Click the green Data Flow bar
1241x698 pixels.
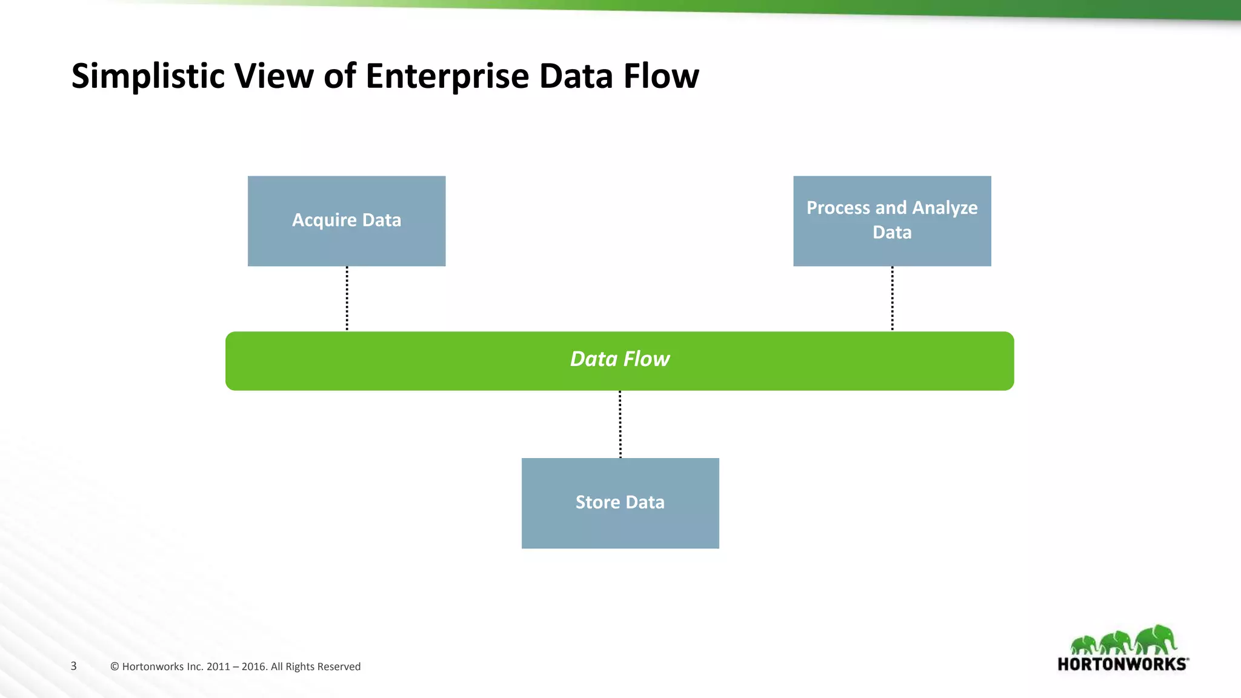click(x=424, y=361)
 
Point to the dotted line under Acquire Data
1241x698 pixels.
click(x=347, y=299)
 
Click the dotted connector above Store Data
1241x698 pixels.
click(x=620, y=424)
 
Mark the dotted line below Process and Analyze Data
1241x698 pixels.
click(x=892, y=299)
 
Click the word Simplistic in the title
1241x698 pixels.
click(x=148, y=76)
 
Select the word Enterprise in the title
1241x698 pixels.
click(x=447, y=76)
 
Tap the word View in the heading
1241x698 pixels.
click(x=273, y=76)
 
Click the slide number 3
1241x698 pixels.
click(x=73, y=666)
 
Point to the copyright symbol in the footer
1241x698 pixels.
click(x=115, y=666)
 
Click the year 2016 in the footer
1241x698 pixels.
click(x=254, y=666)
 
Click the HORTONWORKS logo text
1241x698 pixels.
click(x=1122, y=664)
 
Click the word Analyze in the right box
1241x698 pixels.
click(x=945, y=208)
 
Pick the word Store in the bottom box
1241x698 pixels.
click(x=597, y=502)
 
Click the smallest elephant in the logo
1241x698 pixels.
click(x=1084, y=645)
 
